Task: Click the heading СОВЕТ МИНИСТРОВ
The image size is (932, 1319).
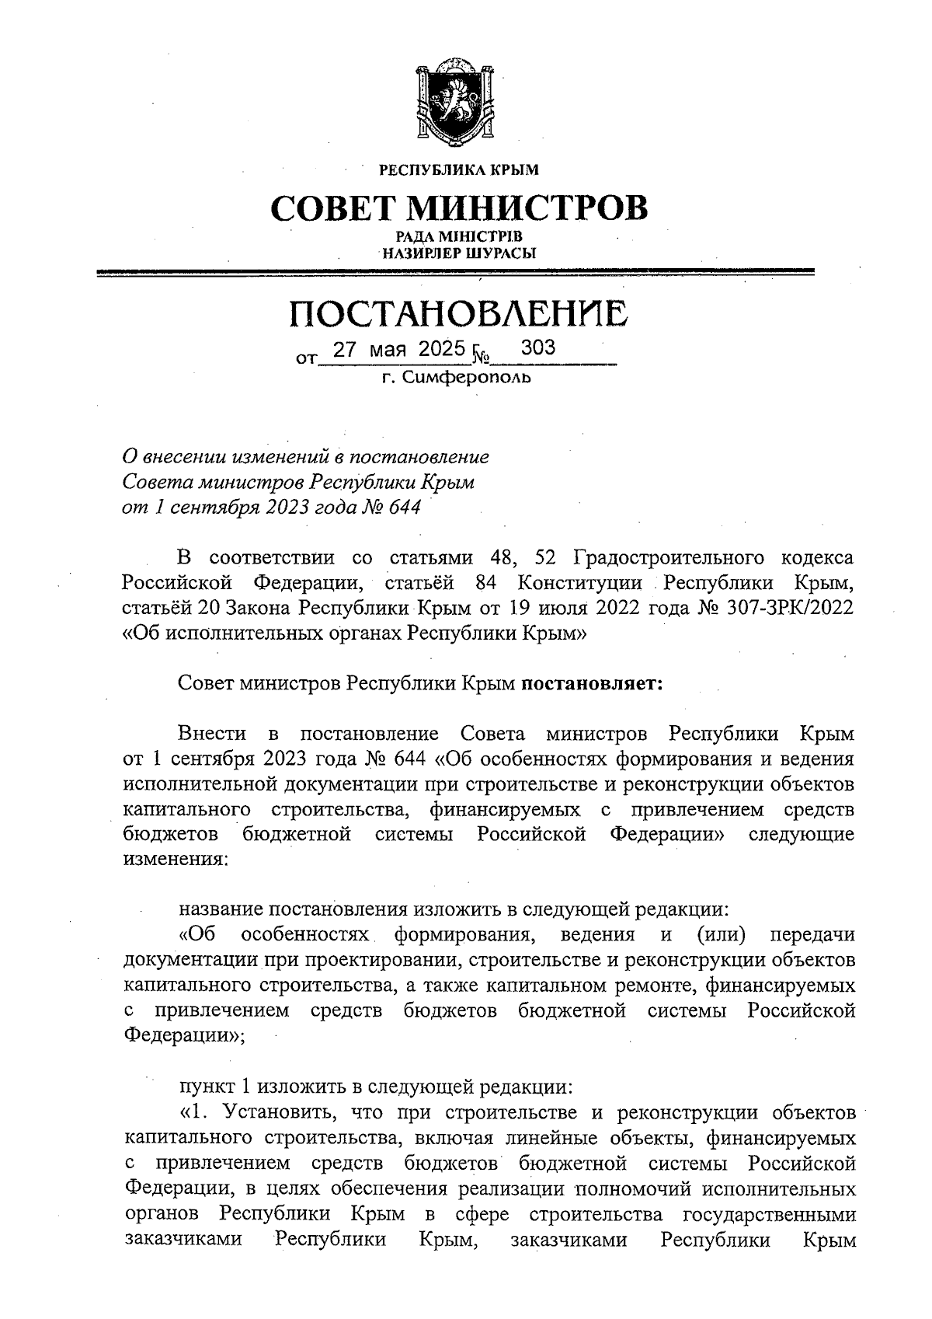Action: click(458, 208)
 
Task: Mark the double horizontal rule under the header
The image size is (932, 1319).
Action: click(458, 271)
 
